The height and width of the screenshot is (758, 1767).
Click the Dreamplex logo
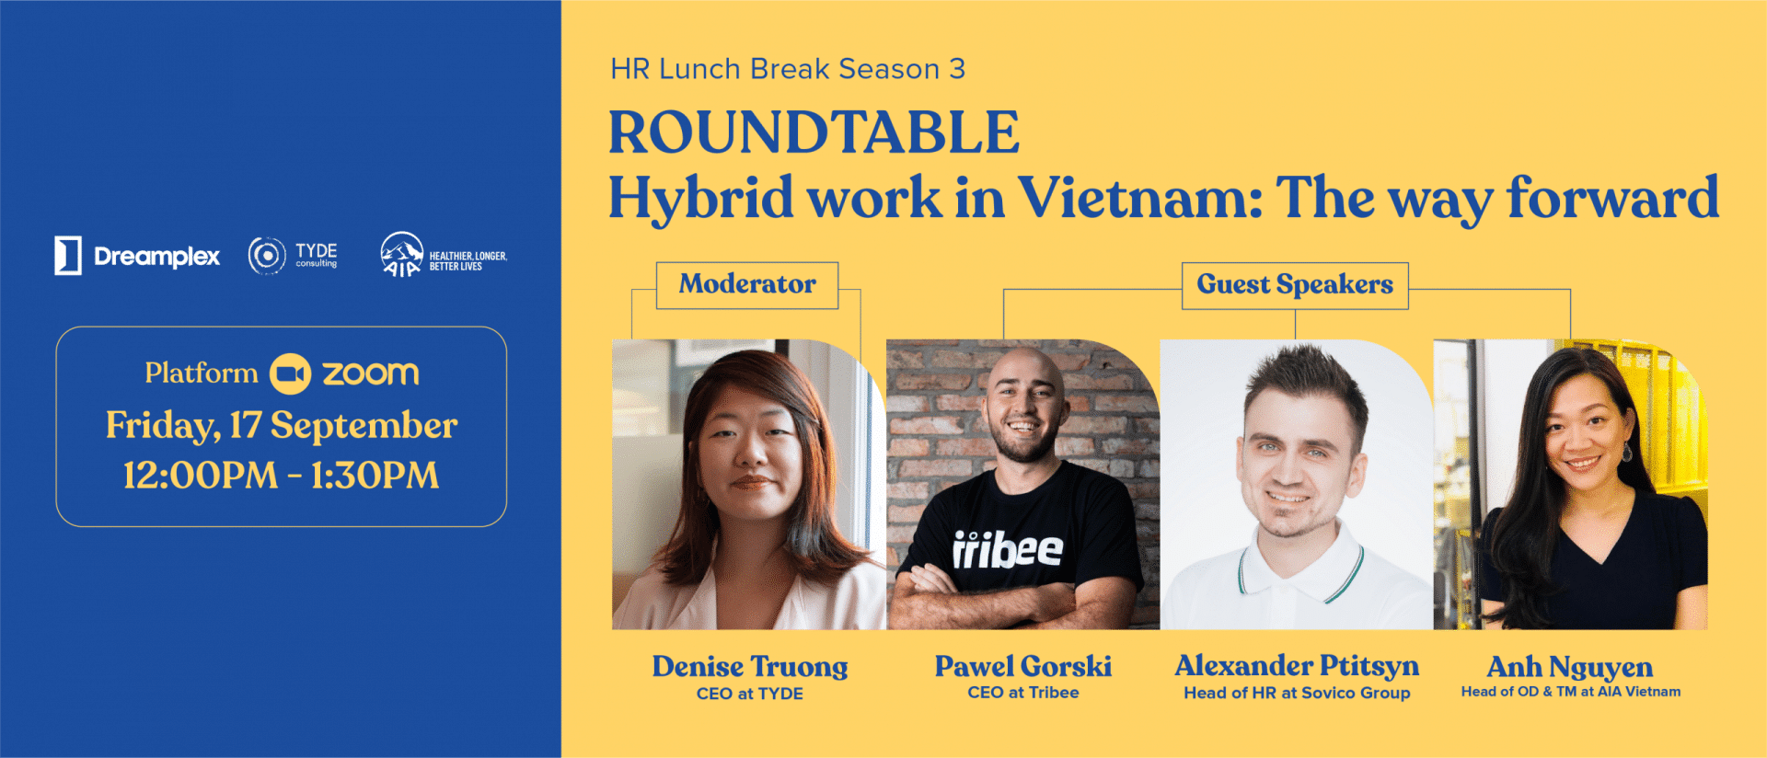point(137,256)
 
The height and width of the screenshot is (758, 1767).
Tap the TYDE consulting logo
point(293,256)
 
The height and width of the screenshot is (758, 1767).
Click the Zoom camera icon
point(290,373)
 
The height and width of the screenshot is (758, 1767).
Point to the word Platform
point(202,373)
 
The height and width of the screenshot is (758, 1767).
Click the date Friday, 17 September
point(282,425)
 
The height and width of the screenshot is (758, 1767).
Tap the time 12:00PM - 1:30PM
point(282,476)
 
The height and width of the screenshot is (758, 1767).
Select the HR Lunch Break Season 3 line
point(788,69)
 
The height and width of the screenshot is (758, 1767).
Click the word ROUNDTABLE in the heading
point(814,132)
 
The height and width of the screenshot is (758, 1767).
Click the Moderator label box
point(747,285)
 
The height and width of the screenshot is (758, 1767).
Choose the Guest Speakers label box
point(1295,285)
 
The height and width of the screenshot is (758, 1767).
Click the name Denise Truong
point(750,666)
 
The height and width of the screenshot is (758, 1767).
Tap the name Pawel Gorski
point(1023,666)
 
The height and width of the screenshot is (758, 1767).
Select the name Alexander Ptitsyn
point(1297,665)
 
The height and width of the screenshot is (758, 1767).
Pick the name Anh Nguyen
point(1570,667)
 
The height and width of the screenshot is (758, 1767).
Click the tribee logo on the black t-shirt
point(1008,549)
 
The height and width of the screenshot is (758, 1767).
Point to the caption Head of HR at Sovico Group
point(1297,693)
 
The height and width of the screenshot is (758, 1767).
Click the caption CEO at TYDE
point(750,694)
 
